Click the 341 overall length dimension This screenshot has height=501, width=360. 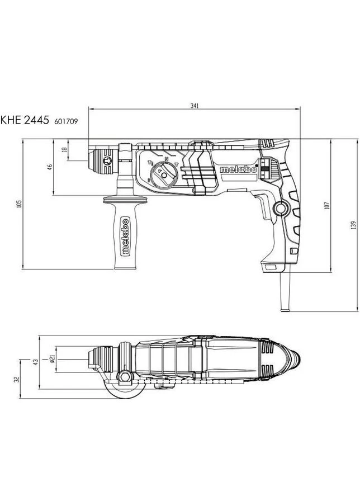click(x=195, y=106)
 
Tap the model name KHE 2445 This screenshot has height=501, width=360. click(x=25, y=120)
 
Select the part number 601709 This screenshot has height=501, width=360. click(x=66, y=121)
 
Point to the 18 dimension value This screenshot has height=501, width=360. click(x=65, y=149)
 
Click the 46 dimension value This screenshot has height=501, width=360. click(x=50, y=167)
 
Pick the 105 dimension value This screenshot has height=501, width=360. click(x=19, y=204)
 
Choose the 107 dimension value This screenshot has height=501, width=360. click(x=326, y=205)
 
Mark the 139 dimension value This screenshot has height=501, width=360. click(x=353, y=225)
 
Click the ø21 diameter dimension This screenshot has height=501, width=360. click(x=53, y=359)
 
